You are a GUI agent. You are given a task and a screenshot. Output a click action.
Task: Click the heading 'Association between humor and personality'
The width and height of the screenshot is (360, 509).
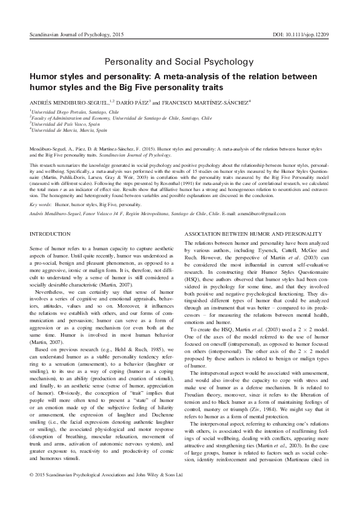(237, 233)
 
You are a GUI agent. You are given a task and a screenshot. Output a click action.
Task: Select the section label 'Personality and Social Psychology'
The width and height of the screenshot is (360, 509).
(180, 62)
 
